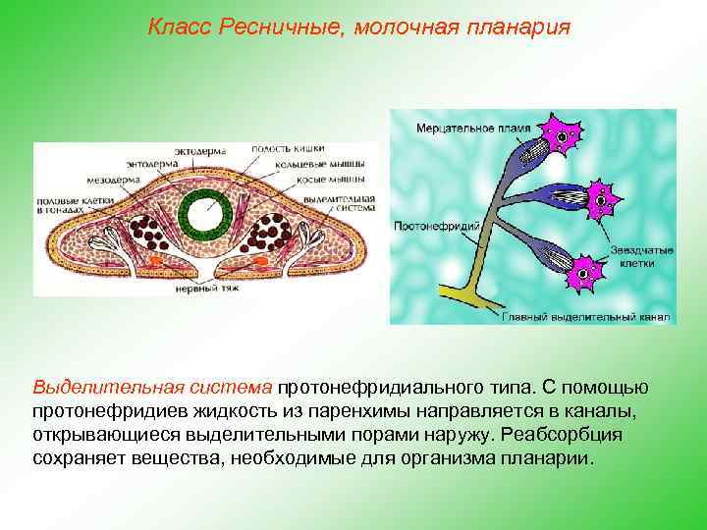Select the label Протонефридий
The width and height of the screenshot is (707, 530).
point(434,226)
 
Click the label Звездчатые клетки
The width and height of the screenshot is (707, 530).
point(640,258)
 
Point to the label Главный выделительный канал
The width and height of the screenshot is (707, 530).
point(584,316)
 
